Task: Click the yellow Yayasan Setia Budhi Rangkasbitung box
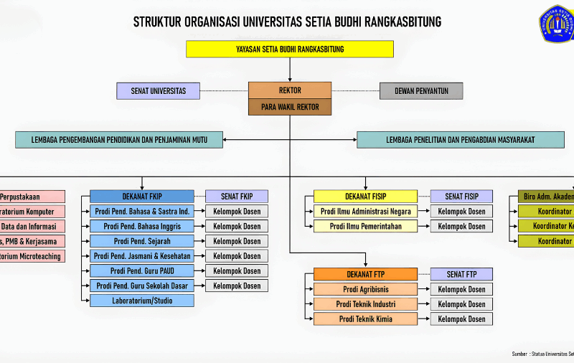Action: click(x=290, y=49)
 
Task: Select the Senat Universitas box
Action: click(x=158, y=91)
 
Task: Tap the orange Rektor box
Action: click(x=290, y=90)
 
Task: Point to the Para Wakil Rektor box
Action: click(x=290, y=107)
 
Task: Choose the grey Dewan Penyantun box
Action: click(x=421, y=91)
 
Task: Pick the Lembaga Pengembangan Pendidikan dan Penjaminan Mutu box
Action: click(x=119, y=140)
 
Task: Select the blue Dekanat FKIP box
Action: click(x=142, y=197)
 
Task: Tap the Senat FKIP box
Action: click(x=237, y=197)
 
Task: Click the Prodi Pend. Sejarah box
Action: click(x=142, y=241)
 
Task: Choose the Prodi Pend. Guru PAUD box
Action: click(x=142, y=271)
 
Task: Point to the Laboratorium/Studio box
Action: click(x=142, y=301)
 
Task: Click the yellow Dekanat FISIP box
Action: click(x=365, y=197)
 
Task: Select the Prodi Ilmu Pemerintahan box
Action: click(x=365, y=227)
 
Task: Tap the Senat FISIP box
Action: click(x=461, y=197)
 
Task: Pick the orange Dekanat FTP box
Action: click(x=365, y=274)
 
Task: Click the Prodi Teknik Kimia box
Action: click(x=365, y=319)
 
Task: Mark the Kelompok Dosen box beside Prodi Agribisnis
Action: click(x=461, y=289)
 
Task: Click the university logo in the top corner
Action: click(x=555, y=24)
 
